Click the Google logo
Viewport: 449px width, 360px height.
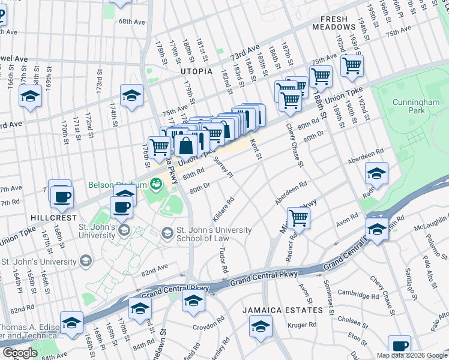coord(20,353)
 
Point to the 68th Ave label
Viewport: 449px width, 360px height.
coord(132,22)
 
